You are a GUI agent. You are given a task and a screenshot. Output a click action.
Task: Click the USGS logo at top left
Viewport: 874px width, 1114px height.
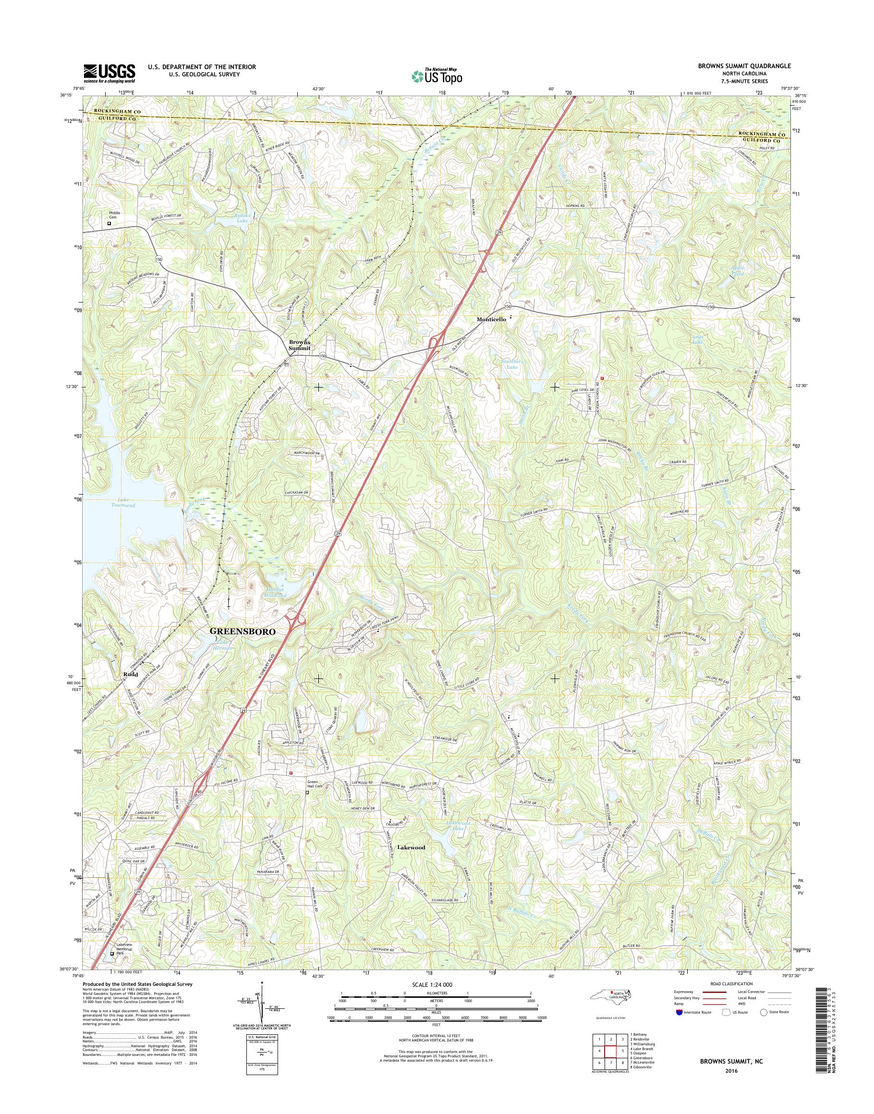point(109,73)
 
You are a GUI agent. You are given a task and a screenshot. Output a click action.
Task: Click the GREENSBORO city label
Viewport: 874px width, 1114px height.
point(243,631)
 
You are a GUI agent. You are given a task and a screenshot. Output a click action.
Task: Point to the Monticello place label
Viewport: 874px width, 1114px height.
point(491,319)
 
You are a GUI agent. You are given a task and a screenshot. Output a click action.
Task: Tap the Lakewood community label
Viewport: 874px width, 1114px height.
point(412,848)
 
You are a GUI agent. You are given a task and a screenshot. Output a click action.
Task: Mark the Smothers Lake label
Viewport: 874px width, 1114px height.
point(509,364)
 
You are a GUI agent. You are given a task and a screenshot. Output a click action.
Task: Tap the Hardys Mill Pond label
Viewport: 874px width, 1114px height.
point(275,592)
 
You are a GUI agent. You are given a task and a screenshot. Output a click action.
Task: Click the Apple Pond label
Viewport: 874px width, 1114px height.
point(737,271)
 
